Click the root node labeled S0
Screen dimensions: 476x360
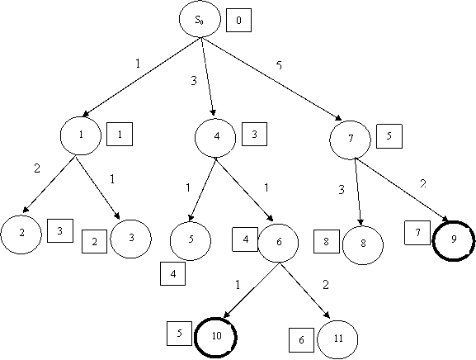click(x=200, y=19)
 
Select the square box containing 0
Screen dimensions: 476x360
click(x=238, y=21)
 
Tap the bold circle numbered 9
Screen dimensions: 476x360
click(x=453, y=241)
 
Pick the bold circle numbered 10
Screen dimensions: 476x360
click(x=215, y=338)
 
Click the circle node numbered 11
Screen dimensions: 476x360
click(x=337, y=339)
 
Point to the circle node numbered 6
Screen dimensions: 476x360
click(x=278, y=243)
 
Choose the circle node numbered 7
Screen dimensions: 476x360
click(x=350, y=140)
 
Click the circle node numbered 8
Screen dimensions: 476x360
click(x=363, y=245)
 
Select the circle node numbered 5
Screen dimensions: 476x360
click(x=191, y=241)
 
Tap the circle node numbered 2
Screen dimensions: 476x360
click(x=21, y=234)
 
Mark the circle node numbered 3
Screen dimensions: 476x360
click(x=131, y=239)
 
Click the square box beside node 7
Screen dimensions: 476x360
click(x=389, y=136)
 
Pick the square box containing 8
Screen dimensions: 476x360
click(x=327, y=242)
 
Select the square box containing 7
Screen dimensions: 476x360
click(x=417, y=233)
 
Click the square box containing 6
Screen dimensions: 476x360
click(x=301, y=340)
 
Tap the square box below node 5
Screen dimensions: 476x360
click(x=172, y=274)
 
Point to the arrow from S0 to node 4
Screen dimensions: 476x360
click(x=208, y=77)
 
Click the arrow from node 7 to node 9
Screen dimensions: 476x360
click(x=402, y=190)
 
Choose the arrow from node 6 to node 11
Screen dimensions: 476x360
click(x=305, y=291)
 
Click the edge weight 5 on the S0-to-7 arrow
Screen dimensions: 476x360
click(x=279, y=65)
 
